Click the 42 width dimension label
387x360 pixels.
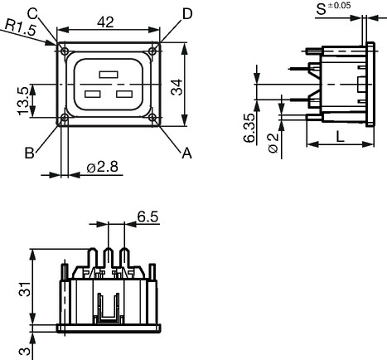tap(105, 22)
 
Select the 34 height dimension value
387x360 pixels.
tap(177, 87)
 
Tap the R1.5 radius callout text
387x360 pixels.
tap(21, 27)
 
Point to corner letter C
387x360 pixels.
tap(32, 13)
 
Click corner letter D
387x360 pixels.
tap(187, 14)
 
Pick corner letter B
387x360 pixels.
tap(30, 153)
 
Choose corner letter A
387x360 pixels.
tap(186, 153)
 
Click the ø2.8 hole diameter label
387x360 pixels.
tap(103, 167)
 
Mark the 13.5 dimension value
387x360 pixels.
tap(23, 101)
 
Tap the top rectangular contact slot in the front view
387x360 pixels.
tap(109, 75)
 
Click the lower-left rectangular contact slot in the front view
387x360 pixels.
tap(93, 94)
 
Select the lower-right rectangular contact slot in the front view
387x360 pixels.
tap(124, 94)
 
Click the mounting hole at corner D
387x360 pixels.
tap(152, 51)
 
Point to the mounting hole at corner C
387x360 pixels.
tap(65, 51)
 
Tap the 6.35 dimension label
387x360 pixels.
tap(249, 128)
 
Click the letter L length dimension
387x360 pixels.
tap(340, 137)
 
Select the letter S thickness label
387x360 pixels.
tap(321, 9)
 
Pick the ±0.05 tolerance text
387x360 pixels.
tap(339, 5)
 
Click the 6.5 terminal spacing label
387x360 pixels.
tap(148, 216)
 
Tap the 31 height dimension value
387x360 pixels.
tap(25, 289)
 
